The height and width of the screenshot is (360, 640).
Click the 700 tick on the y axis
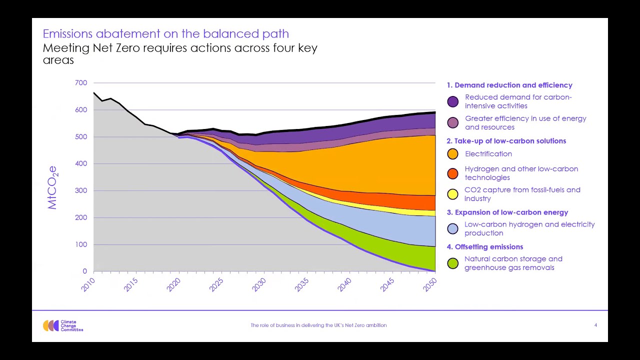tap(81, 83)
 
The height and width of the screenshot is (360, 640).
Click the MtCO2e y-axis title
tap(52, 187)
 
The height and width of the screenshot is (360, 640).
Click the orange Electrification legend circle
tap(452, 154)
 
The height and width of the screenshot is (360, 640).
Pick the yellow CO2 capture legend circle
tap(452, 194)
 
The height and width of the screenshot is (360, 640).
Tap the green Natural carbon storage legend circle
tap(452, 263)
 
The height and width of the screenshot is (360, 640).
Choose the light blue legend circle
tap(452, 229)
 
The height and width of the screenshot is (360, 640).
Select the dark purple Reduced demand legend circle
tap(452, 101)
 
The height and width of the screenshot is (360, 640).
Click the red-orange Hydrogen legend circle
tap(452, 173)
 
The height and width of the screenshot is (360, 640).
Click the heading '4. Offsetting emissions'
tap(484, 247)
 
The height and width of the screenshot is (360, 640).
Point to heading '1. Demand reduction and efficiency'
tap(509, 85)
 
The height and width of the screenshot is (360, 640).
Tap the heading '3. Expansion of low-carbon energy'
tap(507, 212)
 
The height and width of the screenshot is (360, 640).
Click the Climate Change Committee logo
tap(62, 326)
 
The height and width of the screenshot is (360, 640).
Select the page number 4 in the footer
tap(595, 325)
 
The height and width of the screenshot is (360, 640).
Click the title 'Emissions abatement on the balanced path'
tap(165, 34)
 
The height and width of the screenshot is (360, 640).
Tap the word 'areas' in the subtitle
tap(58, 60)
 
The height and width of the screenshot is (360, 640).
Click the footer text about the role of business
tap(318, 325)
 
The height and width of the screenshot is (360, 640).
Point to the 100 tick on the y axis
tap(81, 244)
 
